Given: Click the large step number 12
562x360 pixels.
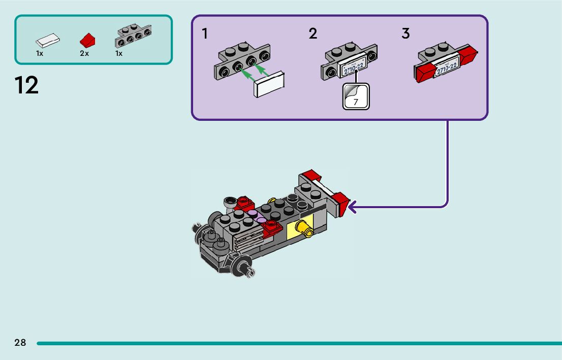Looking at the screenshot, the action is (26, 85).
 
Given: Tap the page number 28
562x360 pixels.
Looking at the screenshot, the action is (20, 342).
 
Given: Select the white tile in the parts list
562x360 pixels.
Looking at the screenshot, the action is (48, 41).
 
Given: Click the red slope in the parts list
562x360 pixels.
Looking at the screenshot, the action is (87, 41).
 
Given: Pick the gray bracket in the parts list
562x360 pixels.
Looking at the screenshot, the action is (133, 36).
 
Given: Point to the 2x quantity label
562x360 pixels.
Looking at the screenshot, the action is (84, 53).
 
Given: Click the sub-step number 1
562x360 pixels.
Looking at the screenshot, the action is (205, 34).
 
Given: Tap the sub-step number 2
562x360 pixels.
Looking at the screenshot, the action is (313, 34).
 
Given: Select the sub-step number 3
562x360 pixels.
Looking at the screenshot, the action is (405, 34).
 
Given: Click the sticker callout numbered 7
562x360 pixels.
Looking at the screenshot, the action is (356, 96).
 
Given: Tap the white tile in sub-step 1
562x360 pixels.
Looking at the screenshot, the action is (269, 84).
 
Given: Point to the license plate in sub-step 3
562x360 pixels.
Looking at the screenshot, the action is (446, 67).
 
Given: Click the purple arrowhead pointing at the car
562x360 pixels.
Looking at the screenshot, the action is (352, 207).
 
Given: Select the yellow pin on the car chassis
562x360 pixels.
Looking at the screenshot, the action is (305, 228).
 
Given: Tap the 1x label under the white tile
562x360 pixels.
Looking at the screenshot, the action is (40, 53).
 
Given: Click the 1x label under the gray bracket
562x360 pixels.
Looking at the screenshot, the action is (118, 53).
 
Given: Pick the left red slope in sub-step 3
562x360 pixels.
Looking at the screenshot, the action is (425, 73).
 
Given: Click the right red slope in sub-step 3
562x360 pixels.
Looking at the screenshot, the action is (467, 55).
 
